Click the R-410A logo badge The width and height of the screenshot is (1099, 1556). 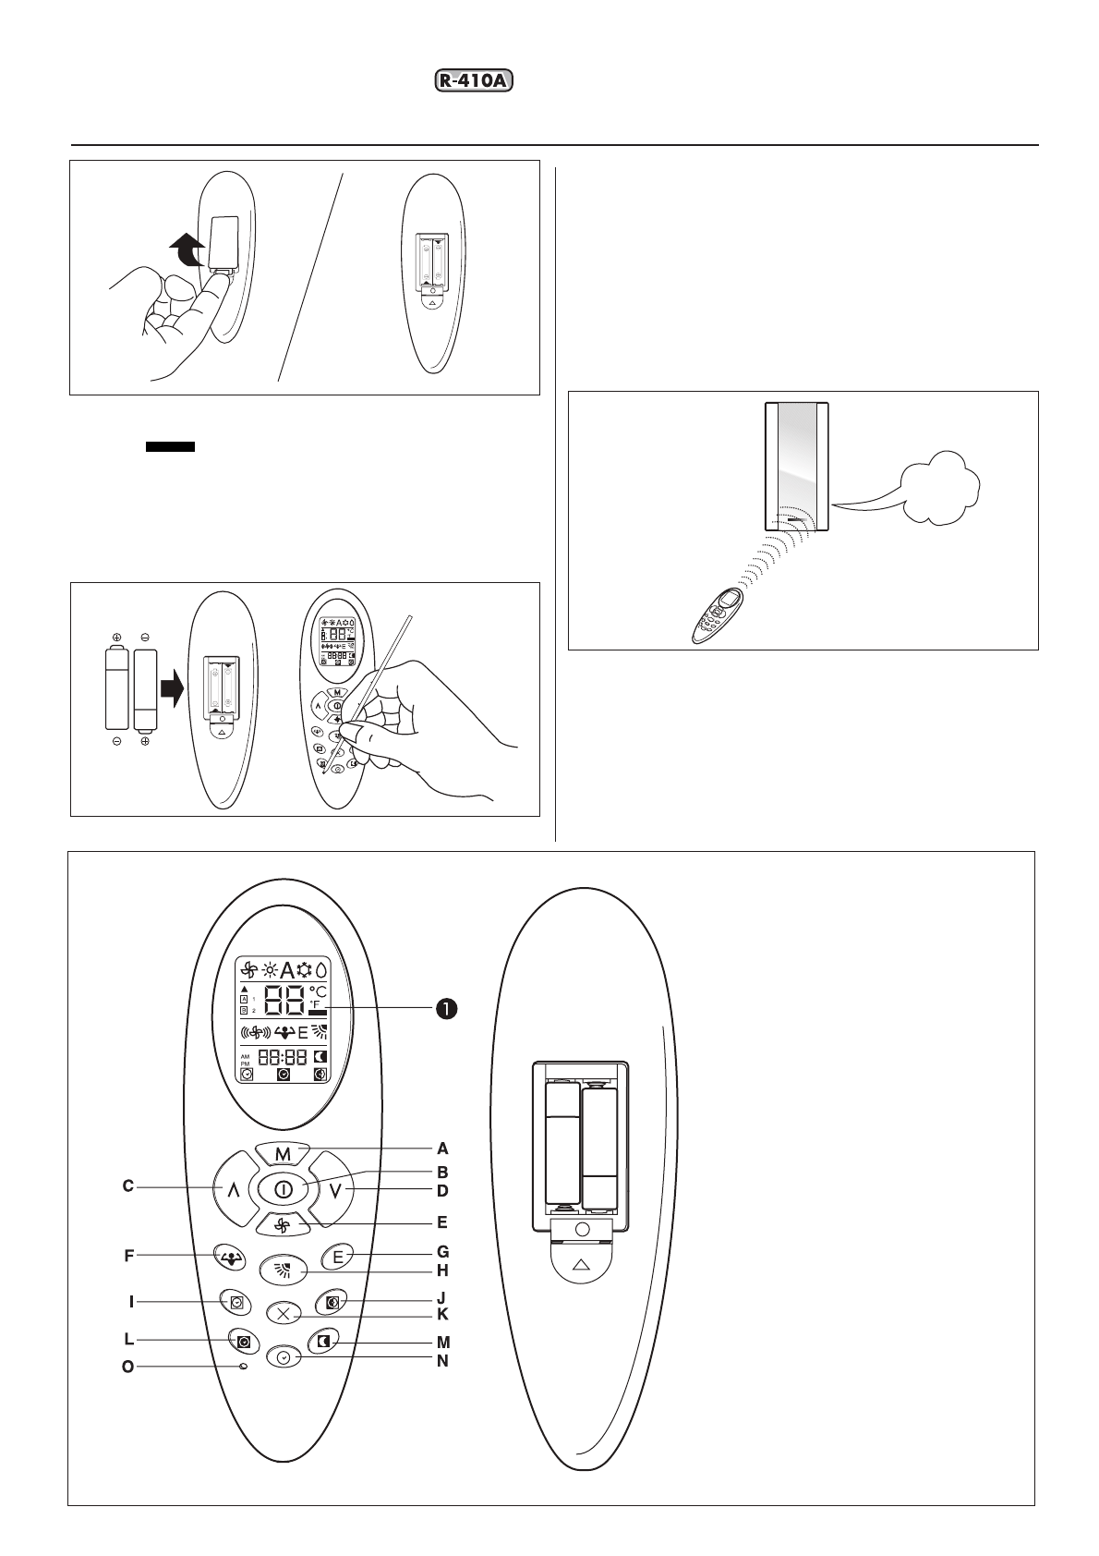tap(473, 81)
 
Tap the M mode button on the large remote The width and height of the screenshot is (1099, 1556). tap(283, 1154)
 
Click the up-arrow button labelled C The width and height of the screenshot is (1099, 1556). tap(233, 1189)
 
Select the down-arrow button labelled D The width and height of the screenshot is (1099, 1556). tap(334, 1189)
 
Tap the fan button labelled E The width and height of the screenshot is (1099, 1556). tap(283, 1225)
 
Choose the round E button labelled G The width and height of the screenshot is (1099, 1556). tap(337, 1257)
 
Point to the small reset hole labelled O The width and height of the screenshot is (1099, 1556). tap(243, 1367)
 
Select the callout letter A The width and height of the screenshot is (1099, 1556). tap(442, 1149)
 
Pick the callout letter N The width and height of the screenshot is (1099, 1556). tap(442, 1361)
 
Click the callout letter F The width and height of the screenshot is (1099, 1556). tap(129, 1257)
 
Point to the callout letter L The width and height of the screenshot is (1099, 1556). tap(129, 1339)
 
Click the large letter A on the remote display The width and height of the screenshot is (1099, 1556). tap(287, 970)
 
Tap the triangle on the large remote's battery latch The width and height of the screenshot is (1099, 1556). tap(581, 1264)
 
